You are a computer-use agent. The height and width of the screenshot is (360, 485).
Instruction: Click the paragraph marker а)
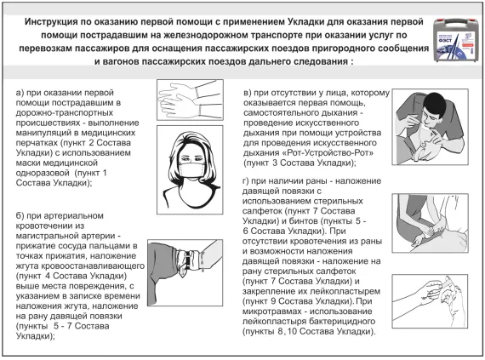tap(21, 90)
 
